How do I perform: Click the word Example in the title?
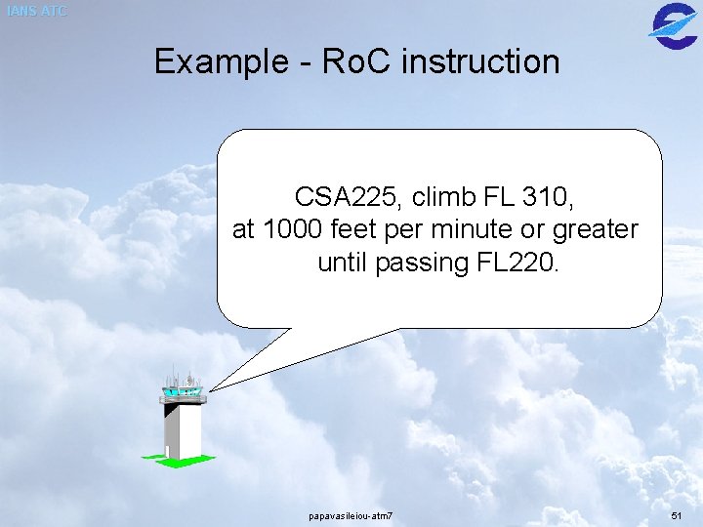coord(219,61)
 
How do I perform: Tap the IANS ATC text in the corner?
coord(36,11)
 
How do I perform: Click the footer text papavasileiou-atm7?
coord(351,514)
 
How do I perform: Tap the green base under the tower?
coord(176,459)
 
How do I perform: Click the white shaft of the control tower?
coord(183,429)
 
